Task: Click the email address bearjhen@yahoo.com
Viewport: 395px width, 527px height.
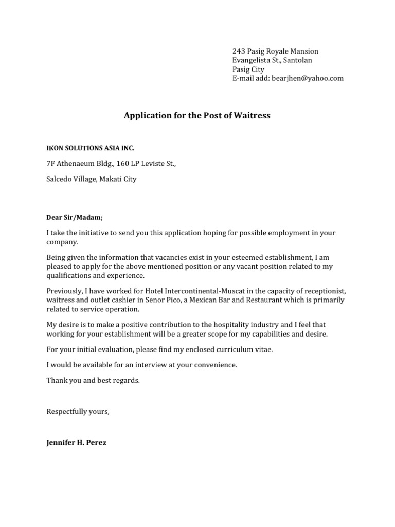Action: (308, 78)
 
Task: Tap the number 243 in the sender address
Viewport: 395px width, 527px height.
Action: (238, 51)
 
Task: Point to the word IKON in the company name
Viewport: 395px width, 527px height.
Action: (55, 148)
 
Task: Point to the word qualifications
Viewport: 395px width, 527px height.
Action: (67, 275)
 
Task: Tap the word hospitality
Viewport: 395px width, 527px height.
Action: (239, 325)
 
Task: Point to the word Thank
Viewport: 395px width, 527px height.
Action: (57, 381)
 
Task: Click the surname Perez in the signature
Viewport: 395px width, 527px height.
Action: (97, 442)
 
